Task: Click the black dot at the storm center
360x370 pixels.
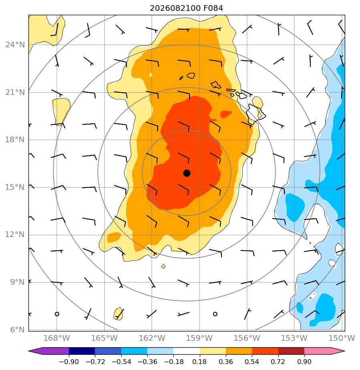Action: pyautogui.click(x=187, y=173)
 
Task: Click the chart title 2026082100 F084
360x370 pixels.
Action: pyautogui.click(x=186, y=8)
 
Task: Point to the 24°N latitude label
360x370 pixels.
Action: pyautogui.click(x=15, y=44)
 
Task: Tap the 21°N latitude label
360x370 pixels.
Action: pyautogui.click(x=15, y=92)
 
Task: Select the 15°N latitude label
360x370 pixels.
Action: pyautogui.click(x=15, y=187)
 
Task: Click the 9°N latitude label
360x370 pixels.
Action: pyautogui.click(x=17, y=282)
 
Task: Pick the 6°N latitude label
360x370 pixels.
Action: pyautogui.click(x=17, y=330)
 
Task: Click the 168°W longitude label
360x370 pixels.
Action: pyautogui.click(x=57, y=338)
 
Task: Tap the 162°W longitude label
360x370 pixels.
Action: pyautogui.click(x=152, y=338)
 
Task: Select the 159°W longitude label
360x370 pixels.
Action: pyautogui.click(x=199, y=338)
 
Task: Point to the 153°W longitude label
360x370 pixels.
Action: pyautogui.click(x=294, y=338)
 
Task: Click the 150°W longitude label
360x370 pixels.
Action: pyautogui.click(x=342, y=338)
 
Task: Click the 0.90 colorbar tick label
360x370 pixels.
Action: pyautogui.click(x=304, y=362)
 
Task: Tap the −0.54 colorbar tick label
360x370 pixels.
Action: pyautogui.click(x=121, y=362)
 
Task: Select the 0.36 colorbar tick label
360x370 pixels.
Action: pyautogui.click(x=226, y=362)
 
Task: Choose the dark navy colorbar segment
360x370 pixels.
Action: pyautogui.click(x=82, y=351)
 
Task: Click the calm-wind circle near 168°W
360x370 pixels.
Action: pyautogui.click(x=57, y=314)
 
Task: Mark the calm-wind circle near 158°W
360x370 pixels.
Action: pyautogui.click(x=215, y=314)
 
